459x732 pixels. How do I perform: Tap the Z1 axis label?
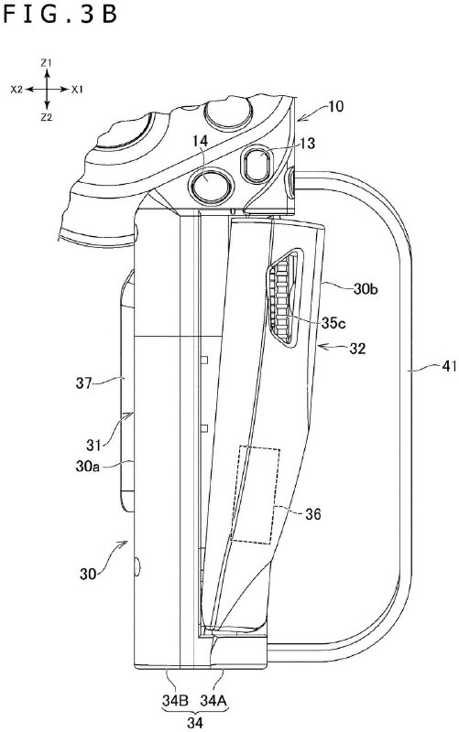(46, 61)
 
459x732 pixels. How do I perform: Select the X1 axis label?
(78, 90)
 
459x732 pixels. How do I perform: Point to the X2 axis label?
(16, 90)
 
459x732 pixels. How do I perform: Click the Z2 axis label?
(46, 118)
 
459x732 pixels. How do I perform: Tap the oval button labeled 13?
(258, 167)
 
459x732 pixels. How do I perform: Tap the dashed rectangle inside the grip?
(257, 494)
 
